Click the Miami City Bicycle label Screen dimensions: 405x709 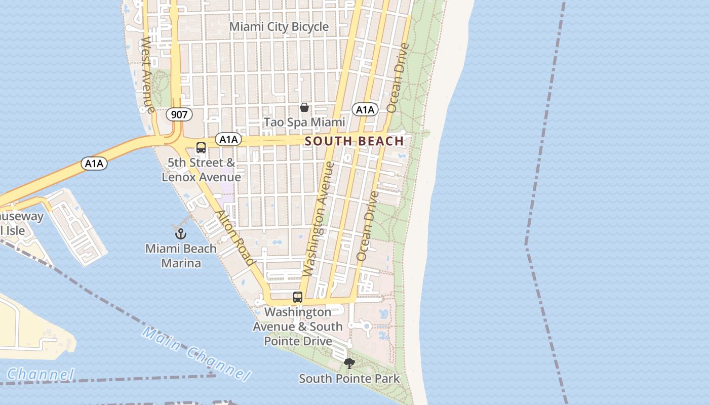279,27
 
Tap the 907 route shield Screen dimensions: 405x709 179,114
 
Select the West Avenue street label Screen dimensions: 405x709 147,74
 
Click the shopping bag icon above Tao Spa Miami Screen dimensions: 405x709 304,107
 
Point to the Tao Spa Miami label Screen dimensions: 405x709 304,122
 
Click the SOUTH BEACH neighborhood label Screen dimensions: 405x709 354,141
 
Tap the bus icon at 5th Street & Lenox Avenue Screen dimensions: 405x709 201,148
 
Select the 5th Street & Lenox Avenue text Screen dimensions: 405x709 202,170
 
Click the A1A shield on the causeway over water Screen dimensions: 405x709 94,163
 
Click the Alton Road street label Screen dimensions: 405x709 235,237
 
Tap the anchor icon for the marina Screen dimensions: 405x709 181,234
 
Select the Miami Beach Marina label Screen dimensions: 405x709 181,256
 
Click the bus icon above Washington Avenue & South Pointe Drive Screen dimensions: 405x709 298,297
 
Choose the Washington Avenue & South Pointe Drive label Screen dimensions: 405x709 298,327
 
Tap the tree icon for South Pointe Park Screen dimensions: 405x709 349,363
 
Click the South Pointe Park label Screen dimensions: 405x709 349,378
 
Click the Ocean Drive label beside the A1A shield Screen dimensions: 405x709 398,77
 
